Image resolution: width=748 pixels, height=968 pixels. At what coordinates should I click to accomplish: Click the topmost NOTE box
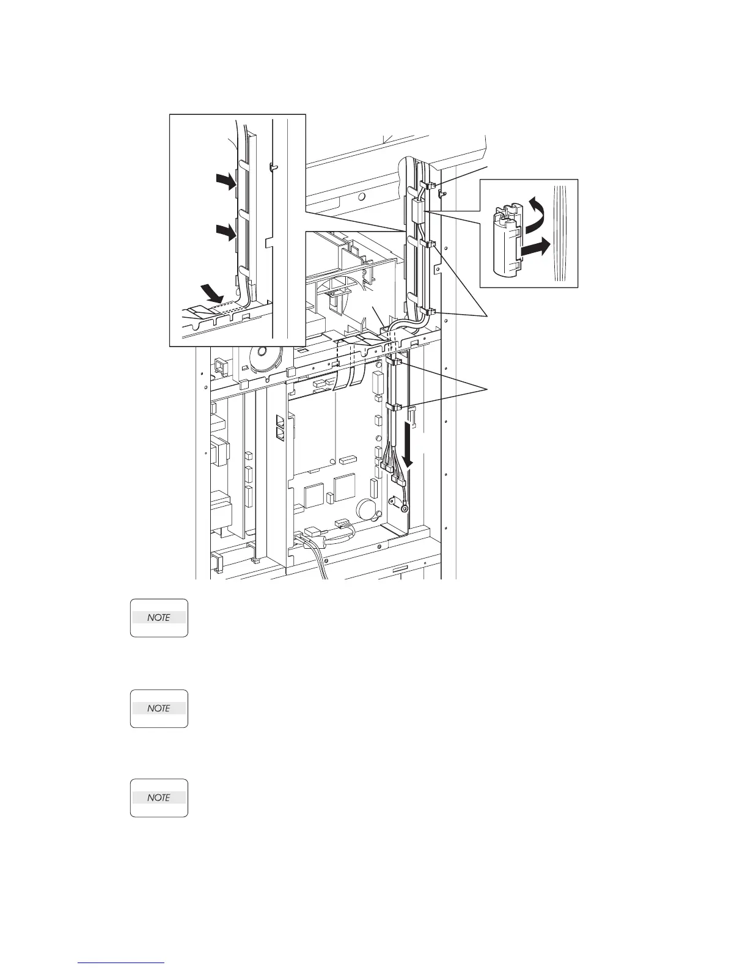159,618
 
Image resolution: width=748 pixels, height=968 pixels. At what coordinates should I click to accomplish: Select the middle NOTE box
159,708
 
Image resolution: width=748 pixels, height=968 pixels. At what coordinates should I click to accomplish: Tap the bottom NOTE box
159,798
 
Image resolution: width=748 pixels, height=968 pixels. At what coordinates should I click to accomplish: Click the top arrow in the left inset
225,181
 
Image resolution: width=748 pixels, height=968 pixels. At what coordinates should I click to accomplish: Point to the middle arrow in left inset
225,232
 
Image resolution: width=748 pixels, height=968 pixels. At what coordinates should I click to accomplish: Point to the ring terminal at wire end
404,506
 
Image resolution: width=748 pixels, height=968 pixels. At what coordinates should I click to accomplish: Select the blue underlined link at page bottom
122,963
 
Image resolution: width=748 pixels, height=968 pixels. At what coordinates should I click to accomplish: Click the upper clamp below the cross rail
395,362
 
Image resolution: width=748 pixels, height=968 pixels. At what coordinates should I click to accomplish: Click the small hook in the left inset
273,165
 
